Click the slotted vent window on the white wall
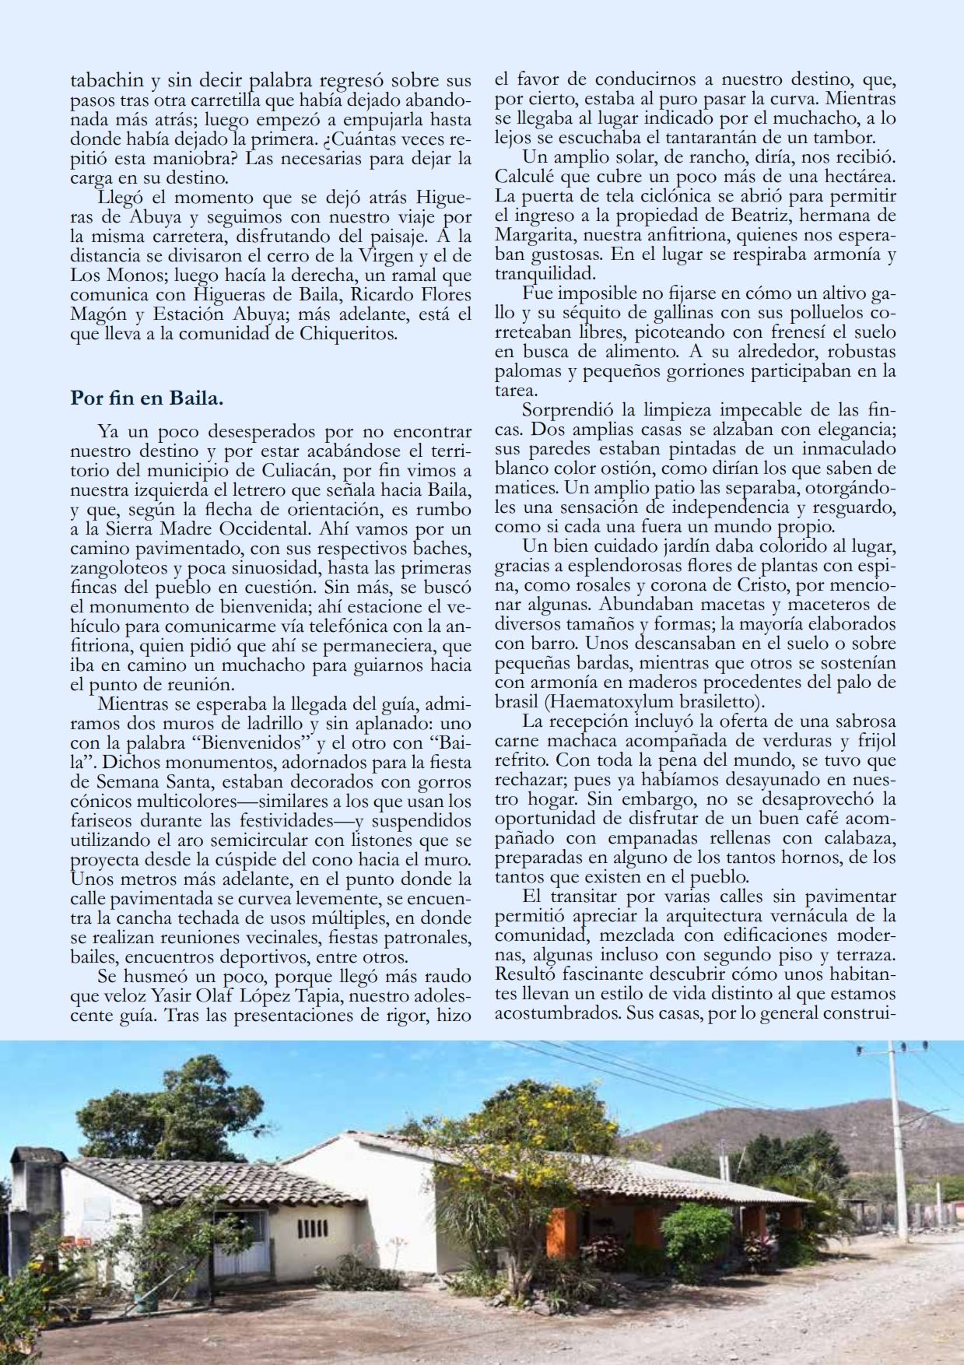pyautogui.click(x=312, y=1230)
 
